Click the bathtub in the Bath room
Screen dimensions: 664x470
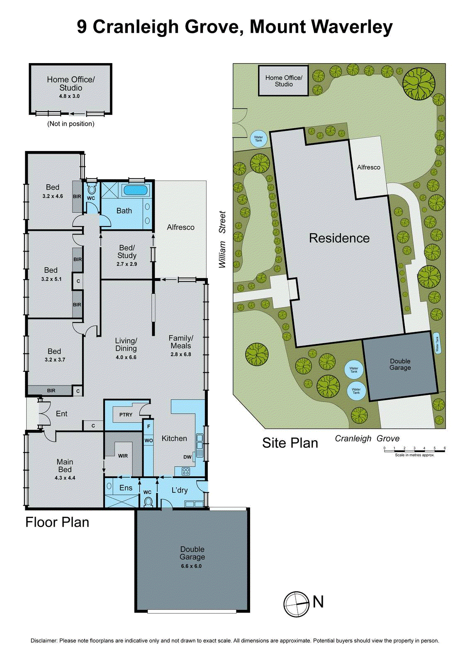(x=135, y=190)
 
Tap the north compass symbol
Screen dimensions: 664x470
(x=296, y=604)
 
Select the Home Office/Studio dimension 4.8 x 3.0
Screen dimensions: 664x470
(x=69, y=96)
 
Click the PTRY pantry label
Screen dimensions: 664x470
(x=126, y=415)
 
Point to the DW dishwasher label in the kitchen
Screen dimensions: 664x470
(x=188, y=457)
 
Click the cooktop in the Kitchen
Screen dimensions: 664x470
(x=186, y=471)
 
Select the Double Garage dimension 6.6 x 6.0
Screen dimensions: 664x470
(x=191, y=566)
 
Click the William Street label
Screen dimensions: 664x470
(x=223, y=239)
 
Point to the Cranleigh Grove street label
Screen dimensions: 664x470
(x=367, y=439)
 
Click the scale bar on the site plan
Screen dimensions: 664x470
(x=414, y=451)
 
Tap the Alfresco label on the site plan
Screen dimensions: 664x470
(x=368, y=167)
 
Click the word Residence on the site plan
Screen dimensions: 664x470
(x=339, y=238)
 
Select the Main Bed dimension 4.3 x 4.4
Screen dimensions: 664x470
(x=65, y=478)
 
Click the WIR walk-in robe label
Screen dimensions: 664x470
(x=123, y=456)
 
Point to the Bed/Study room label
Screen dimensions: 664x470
(x=127, y=252)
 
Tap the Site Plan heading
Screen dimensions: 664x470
(x=290, y=443)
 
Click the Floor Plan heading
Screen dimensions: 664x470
(x=57, y=522)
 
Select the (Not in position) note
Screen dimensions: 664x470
(x=71, y=124)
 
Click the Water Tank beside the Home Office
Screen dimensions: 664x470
(x=258, y=139)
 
